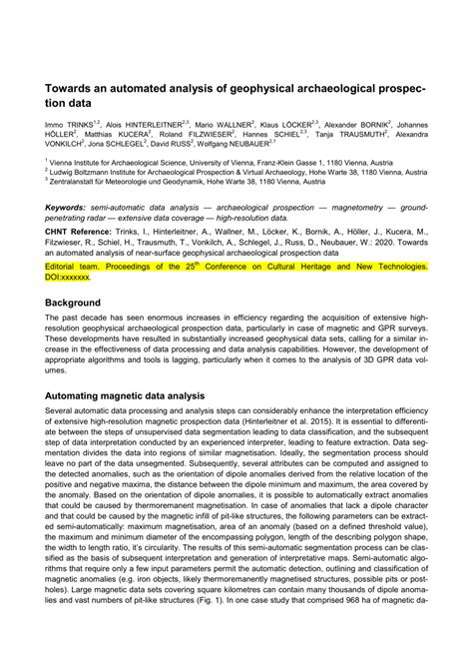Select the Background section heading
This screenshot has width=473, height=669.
point(80,302)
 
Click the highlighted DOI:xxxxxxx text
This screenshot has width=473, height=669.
point(75,279)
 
